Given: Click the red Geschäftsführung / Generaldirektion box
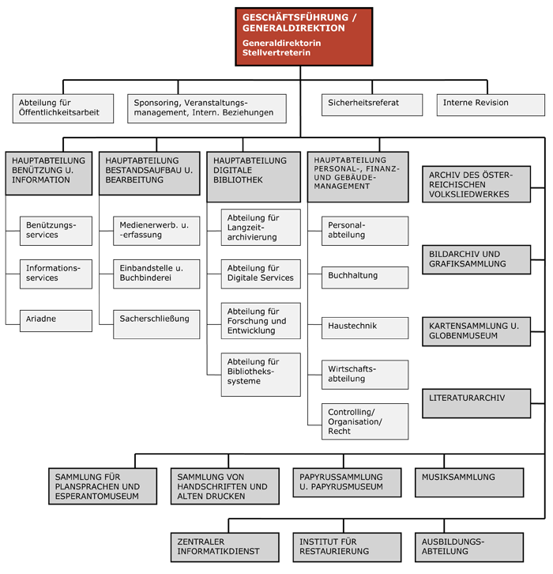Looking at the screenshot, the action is (303, 36).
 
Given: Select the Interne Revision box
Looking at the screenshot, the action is (491, 105).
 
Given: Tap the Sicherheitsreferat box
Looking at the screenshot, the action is (372, 105).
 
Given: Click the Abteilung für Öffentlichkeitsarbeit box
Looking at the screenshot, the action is (63, 108).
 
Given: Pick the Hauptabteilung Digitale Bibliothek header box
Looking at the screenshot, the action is (254, 177).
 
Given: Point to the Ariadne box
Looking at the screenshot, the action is (56, 321).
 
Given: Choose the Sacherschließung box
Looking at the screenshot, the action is (156, 324).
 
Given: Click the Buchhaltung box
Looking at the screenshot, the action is (365, 278).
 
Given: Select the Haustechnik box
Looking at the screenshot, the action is (365, 328).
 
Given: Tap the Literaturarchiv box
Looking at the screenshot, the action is (476, 403).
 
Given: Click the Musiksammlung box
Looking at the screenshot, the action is (469, 482).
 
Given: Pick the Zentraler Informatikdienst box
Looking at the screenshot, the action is (225, 547).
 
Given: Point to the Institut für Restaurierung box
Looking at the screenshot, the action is (347, 547).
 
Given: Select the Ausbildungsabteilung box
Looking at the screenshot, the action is (469, 547).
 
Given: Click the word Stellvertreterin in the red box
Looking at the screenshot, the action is (276, 53).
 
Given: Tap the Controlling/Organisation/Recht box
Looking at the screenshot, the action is (365, 421).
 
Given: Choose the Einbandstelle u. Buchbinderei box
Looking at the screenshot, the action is (156, 274).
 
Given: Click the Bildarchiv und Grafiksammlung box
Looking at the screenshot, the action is (476, 259).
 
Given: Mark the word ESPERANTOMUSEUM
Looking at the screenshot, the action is (97, 497).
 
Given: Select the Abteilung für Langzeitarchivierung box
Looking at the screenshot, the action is (261, 228).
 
